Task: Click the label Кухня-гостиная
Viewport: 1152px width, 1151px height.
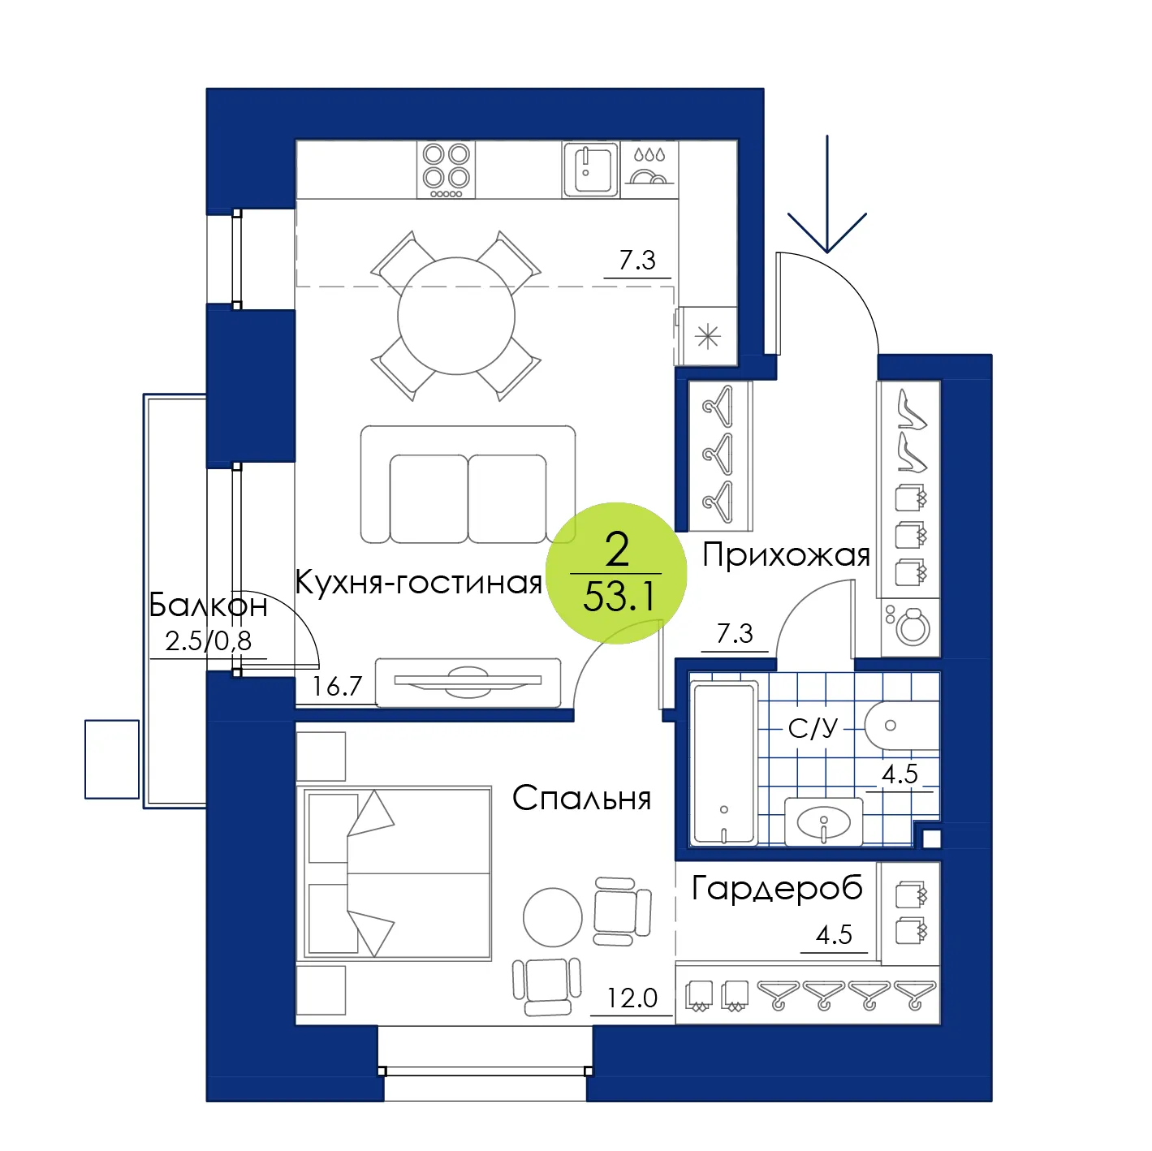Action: [418, 582]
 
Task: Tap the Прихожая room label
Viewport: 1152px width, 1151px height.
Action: [786, 555]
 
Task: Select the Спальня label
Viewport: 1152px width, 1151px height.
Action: [581, 798]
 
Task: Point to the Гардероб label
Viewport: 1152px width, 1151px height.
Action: [777, 890]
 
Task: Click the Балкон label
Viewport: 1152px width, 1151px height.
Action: [208, 605]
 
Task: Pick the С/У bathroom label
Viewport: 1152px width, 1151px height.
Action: [813, 728]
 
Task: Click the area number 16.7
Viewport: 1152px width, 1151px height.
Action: [337, 686]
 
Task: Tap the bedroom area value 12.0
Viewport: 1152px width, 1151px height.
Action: [632, 998]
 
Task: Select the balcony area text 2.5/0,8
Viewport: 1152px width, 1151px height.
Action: [208, 641]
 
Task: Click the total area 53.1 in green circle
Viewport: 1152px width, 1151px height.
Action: [618, 597]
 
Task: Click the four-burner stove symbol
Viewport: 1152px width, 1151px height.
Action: [446, 170]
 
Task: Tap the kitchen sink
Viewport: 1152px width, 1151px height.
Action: [590, 170]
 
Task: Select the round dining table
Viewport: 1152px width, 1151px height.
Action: [456, 316]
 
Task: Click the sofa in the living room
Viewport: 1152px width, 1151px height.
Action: [468, 485]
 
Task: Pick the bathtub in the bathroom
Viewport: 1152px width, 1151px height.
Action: [723, 765]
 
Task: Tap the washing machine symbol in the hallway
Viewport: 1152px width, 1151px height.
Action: [910, 627]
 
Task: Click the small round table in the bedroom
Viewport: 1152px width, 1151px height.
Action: [552, 916]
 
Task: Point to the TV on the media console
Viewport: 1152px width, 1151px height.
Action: [468, 681]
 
